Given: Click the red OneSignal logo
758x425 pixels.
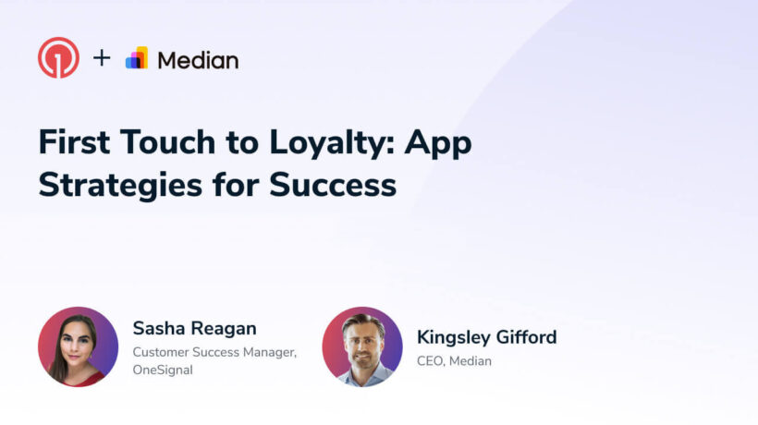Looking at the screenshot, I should click(x=58, y=58).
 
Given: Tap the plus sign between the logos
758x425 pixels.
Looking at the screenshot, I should click(x=102, y=58).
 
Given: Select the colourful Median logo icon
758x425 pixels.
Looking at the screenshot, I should click(x=137, y=58).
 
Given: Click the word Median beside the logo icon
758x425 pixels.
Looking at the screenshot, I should click(x=198, y=60).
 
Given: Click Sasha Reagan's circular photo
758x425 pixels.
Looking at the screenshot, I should click(x=78, y=346).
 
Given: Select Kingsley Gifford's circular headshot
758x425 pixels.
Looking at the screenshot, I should click(x=362, y=346).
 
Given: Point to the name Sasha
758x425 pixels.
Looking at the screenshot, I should click(x=160, y=329).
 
